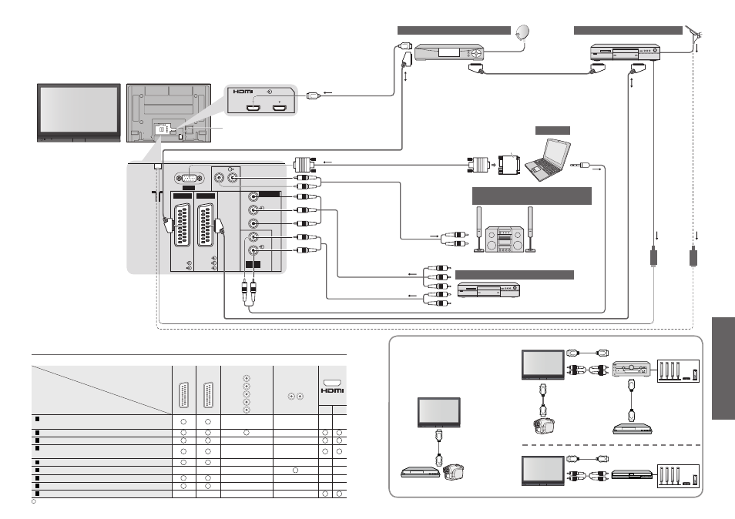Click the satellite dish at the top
coord(522,32)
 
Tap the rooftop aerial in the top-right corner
coord(694,33)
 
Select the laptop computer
coord(548,159)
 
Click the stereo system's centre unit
coord(504,239)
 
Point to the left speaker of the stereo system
coord(479,229)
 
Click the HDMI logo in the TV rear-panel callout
coord(243,92)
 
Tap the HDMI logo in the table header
coord(332,390)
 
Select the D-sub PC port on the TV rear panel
coord(190,179)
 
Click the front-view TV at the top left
coord(79,113)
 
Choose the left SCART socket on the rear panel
coord(183,225)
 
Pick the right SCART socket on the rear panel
coord(206,225)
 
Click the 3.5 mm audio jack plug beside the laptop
coord(579,165)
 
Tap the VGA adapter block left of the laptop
coord(509,165)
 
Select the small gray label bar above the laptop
coord(552,130)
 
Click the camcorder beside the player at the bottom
coord(453,471)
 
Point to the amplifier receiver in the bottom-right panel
coord(632,369)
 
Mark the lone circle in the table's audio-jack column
coord(295,470)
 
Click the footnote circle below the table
coord(34,501)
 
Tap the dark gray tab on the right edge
coord(723,368)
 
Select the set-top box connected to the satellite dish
coord(449,52)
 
